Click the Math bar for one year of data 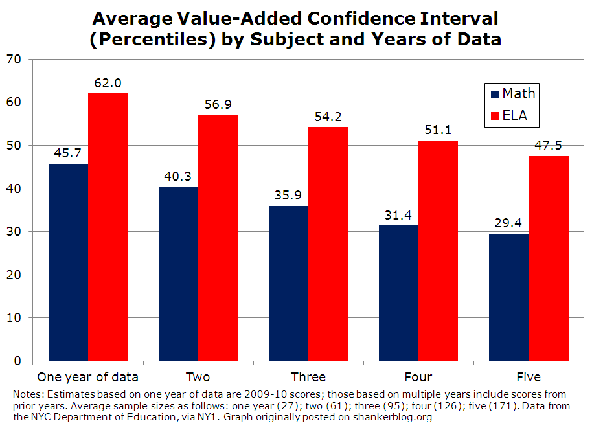pyautogui.click(x=68, y=262)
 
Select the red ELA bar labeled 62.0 pyautogui.click(x=108, y=227)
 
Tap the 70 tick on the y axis pyautogui.click(x=14, y=60)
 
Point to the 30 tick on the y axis pyautogui.click(x=14, y=232)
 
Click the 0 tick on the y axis pyautogui.click(x=17, y=361)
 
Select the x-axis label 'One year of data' pyautogui.click(x=87, y=377)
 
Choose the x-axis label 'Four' pyautogui.click(x=418, y=377)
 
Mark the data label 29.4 pyautogui.click(x=508, y=223)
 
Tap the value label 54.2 pyautogui.click(x=328, y=117)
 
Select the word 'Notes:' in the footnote pyautogui.click(x=26, y=394)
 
